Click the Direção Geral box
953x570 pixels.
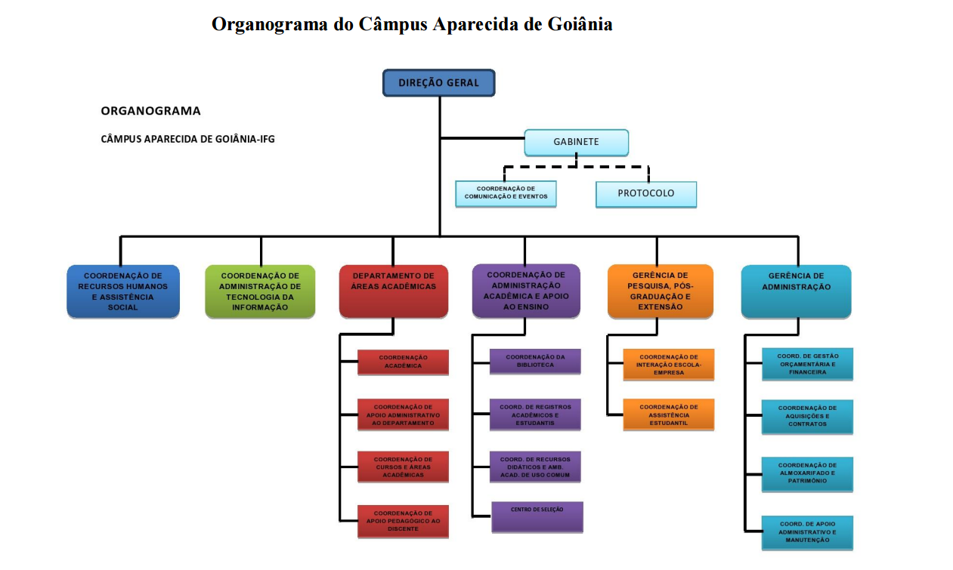[438, 83]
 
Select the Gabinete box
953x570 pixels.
[577, 142]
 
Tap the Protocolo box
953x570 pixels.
[645, 193]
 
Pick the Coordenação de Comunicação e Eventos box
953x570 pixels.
[506, 193]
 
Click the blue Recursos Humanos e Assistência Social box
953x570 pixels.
[123, 291]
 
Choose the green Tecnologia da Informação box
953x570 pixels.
[260, 291]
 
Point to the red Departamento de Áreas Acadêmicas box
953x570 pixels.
[393, 290]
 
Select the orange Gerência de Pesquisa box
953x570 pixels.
[660, 291]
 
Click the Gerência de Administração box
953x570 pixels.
[796, 291]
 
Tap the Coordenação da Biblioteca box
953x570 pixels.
[535, 361]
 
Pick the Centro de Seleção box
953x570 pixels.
[537, 517]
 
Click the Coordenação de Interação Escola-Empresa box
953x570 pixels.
[668, 364]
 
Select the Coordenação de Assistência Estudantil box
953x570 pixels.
[668, 415]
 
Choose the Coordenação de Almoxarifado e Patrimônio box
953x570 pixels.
[807, 474]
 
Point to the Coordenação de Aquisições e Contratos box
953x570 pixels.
[807, 417]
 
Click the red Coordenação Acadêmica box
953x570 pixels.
[403, 362]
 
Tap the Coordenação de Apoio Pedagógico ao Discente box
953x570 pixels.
[403, 521]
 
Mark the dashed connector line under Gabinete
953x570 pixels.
[577, 167]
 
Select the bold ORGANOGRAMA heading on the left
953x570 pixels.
[150, 111]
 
